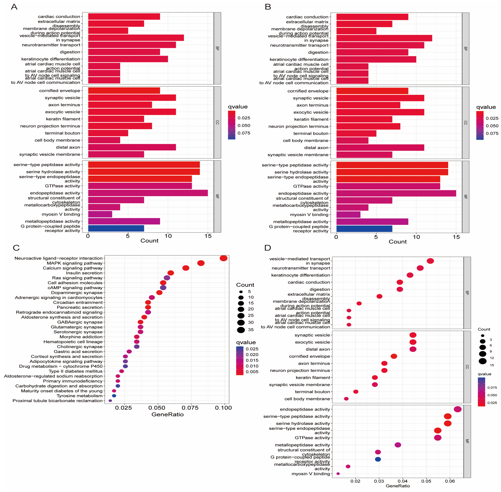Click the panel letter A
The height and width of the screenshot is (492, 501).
click(x=14, y=7)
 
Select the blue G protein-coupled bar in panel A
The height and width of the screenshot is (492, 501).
click(x=116, y=228)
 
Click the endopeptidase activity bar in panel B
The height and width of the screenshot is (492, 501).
click(x=396, y=193)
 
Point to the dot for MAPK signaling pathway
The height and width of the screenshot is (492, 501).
click(x=201, y=263)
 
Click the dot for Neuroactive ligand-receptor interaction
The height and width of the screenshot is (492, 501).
click(x=223, y=258)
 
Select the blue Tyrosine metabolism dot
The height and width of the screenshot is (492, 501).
click(x=114, y=396)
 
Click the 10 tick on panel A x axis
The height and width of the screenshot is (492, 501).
click(x=168, y=236)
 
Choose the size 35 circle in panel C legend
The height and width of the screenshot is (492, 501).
click(x=241, y=330)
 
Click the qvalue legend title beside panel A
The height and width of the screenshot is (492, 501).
click(x=238, y=107)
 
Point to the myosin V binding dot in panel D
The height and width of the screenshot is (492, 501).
click(x=338, y=474)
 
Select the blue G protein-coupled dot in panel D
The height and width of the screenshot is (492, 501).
click(x=378, y=459)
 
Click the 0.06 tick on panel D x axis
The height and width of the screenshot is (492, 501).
click(x=450, y=481)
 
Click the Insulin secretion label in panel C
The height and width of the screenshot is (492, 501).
click(x=84, y=273)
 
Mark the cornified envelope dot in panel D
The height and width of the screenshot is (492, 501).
click(x=394, y=356)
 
